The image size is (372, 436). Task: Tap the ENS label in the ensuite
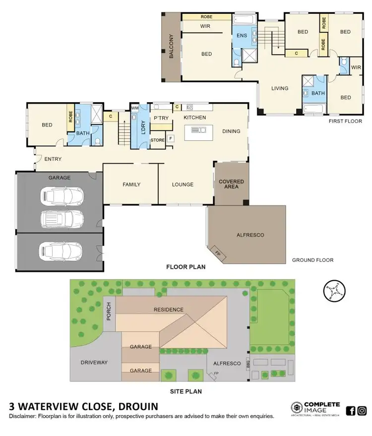coord(242,36)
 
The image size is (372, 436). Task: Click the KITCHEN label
coord(194,118)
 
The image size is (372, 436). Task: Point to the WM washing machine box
coord(134,108)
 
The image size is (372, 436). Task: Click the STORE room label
coord(157,140)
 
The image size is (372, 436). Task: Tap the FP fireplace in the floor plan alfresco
coord(217,252)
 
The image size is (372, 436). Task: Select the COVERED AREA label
coord(232,185)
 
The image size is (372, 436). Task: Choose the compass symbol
coord(333,291)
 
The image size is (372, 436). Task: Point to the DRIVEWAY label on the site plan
coord(94,363)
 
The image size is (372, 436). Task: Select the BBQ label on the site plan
coord(248,365)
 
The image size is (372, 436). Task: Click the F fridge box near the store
coord(170,138)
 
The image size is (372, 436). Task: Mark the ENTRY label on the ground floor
coord(53,159)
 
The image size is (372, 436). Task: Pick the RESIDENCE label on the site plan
coord(168,310)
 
